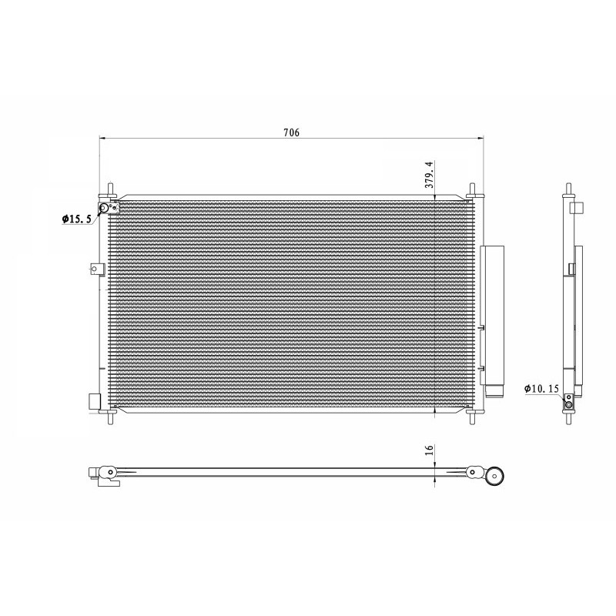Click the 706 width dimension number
291,132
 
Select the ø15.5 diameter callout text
77,219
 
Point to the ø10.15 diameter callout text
541,390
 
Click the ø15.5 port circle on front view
104,207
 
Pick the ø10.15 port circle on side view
569,405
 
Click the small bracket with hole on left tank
95,269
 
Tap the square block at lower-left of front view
95,402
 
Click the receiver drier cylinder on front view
490,316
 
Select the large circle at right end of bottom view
495,476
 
